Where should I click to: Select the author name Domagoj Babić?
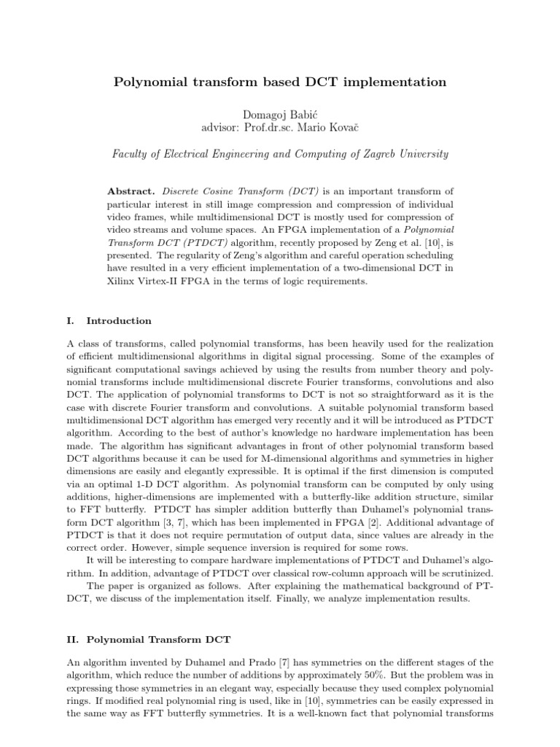coord(280,115)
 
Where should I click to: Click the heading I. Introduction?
coord(109,320)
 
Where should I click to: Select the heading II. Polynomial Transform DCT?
coord(148,640)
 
